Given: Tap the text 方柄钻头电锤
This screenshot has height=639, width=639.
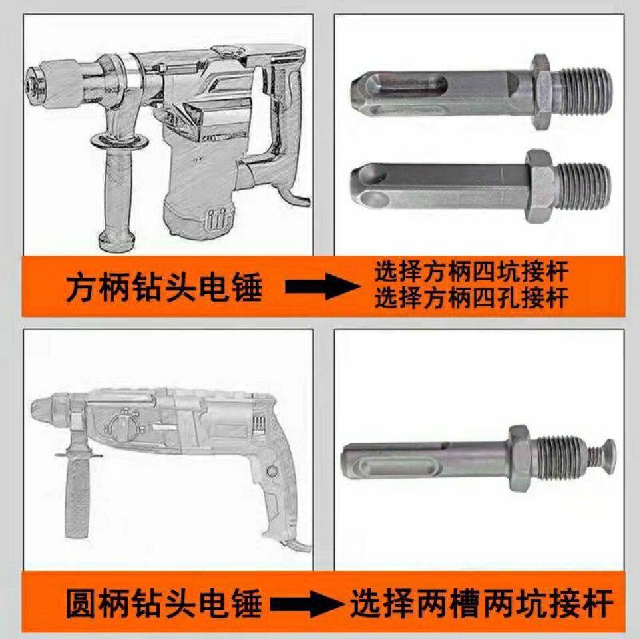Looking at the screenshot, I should [164, 287].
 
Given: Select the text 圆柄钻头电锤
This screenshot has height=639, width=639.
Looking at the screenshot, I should [164, 604].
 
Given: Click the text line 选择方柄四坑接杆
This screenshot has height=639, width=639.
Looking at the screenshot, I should [472, 272].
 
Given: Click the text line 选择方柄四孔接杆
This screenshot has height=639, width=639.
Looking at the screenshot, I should [472, 298].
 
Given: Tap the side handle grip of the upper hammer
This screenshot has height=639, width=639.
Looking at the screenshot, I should [118, 196].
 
